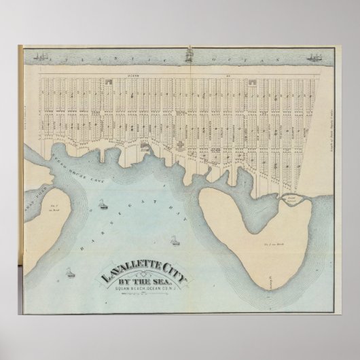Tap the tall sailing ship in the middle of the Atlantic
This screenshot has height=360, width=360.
tap(188, 54)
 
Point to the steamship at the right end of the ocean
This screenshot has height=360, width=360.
tap(314, 57)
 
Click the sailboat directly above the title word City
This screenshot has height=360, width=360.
tap(175, 240)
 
